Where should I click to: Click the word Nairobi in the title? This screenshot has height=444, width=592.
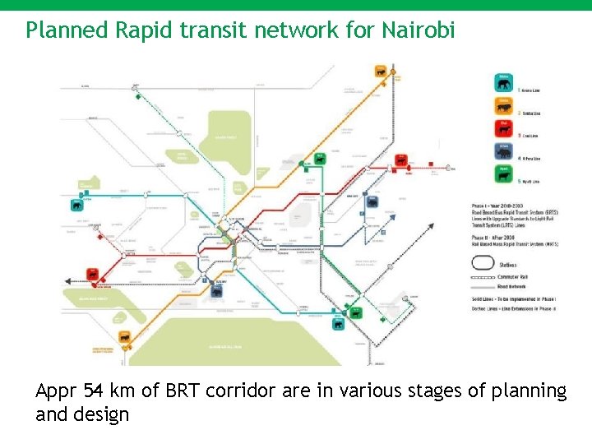[418, 30]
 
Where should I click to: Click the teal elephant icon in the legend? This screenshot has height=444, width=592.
[503, 82]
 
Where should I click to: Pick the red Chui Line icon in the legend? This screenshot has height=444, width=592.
[503, 127]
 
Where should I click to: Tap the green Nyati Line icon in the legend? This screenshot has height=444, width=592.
[503, 173]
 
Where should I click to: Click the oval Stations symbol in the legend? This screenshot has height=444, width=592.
[483, 264]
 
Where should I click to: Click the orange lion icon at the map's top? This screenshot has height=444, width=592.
[382, 72]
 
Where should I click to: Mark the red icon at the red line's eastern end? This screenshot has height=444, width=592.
[402, 160]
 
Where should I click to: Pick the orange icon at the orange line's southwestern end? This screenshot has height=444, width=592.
[124, 336]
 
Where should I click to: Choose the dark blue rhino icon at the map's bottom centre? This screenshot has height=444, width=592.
[217, 290]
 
